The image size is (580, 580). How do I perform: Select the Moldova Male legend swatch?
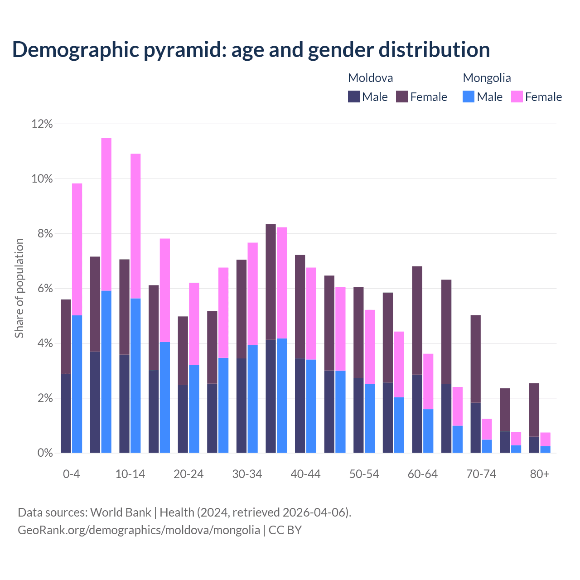click(x=353, y=97)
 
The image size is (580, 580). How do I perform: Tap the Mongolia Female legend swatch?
click(x=517, y=97)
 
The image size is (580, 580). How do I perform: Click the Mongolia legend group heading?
click(x=487, y=78)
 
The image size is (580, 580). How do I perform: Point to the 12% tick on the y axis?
click(x=42, y=124)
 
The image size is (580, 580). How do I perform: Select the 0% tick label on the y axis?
click(x=45, y=453)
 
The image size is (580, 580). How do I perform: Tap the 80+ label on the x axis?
click(x=539, y=474)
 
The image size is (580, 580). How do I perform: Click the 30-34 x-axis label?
click(x=247, y=474)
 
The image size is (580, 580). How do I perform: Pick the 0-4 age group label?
click(x=72, y=474)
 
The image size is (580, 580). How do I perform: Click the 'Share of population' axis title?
click(x=19, y=288)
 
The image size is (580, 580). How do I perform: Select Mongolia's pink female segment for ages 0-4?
click(x=77, y=249)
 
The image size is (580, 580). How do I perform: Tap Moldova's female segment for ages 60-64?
click(x=417, y=320)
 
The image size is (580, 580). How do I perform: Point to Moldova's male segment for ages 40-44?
click(x=300, y=405)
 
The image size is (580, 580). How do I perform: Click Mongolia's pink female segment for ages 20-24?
click(x=194, y=324)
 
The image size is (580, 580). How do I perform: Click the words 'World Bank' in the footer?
click(x=121, y=512)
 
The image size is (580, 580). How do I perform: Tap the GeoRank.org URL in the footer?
click(x=139, y=530)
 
